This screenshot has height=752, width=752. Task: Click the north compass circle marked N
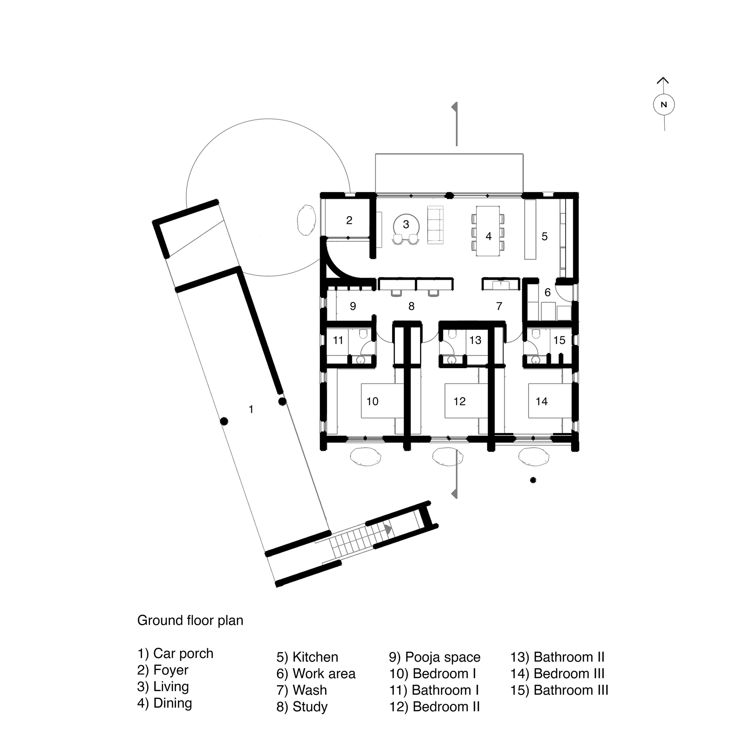[664, 105]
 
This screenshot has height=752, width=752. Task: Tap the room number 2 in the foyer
[349, 220]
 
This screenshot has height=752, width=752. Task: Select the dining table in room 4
[488, 231]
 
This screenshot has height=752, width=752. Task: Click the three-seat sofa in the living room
[435, 225]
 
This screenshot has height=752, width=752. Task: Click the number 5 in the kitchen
[544, 236]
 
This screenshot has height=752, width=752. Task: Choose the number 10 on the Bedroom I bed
[373, 401]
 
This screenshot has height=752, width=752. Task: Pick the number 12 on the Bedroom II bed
[459, 401]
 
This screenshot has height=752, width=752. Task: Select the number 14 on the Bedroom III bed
[541, 401]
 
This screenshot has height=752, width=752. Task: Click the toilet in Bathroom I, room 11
[364, 334]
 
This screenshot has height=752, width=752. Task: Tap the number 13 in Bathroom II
[475, 340]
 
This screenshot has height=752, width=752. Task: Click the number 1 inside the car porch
[251, 409]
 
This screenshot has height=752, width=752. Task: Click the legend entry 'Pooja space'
[435, 657]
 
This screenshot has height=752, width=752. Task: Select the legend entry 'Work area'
[316, 673]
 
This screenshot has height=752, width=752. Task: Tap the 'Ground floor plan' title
[190, 620]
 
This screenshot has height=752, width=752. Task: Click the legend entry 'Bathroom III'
[559, 690]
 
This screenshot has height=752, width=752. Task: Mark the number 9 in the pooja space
[353, 306]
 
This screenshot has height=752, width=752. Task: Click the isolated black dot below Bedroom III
[533, 480]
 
